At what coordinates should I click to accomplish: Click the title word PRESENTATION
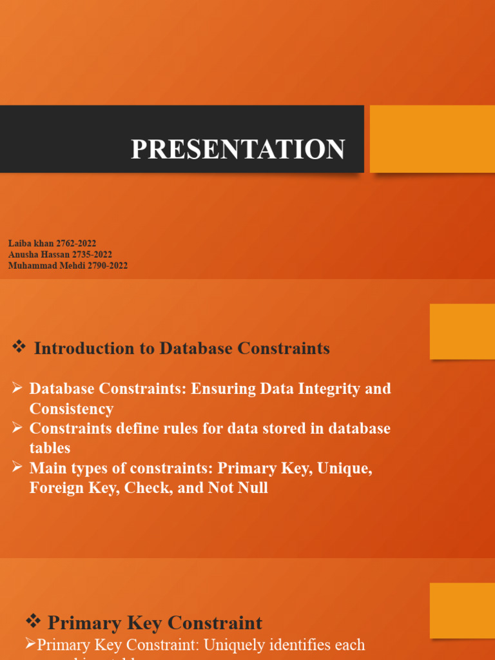tap(238, 149)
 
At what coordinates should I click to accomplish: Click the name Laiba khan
tap(31, 244)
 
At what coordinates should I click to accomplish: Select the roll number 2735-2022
tap(92, 255)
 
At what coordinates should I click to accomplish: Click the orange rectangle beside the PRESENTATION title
tap(432, 139)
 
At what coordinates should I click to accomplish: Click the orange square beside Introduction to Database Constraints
tap(461, 331)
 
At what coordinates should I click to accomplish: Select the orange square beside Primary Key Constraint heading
tap(461, 611)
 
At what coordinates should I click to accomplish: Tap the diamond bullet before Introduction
tap(19, 348)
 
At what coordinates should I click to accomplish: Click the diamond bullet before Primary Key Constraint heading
tap(33, 622)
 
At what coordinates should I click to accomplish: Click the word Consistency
tap(72, 409)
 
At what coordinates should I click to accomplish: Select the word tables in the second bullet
tap(50, 448)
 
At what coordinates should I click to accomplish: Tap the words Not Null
tap(238, 488)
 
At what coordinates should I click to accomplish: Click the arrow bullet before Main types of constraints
tap(17, 468)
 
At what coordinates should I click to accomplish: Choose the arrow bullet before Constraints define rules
tap(17, 428)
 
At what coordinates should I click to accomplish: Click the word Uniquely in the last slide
tap(249, 645)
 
